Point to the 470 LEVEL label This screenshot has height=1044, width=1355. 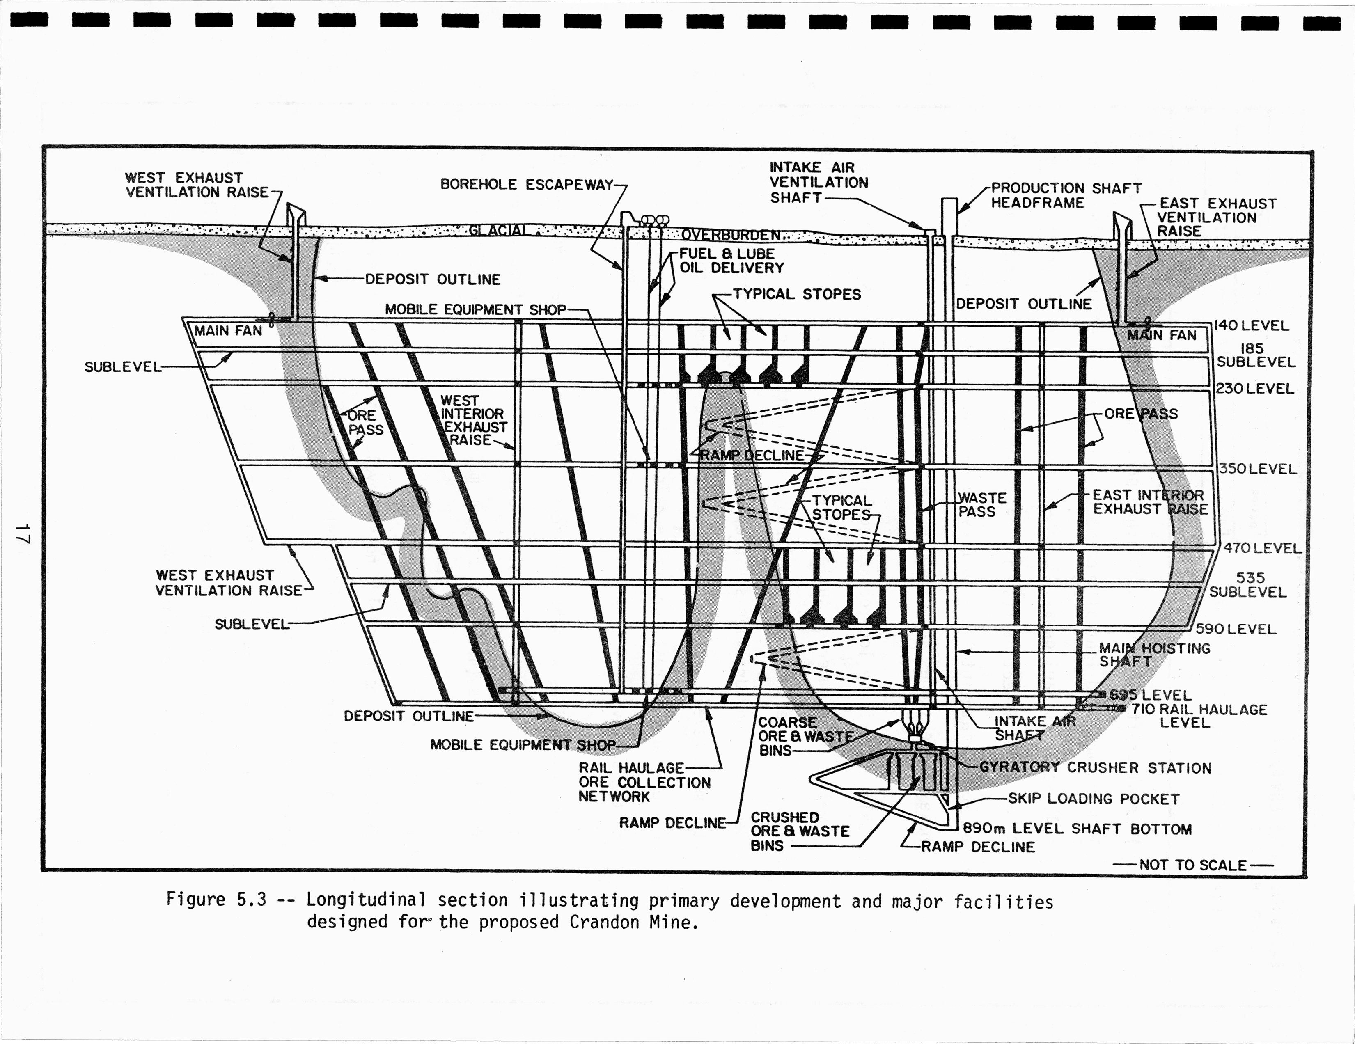(x=1262, y=548)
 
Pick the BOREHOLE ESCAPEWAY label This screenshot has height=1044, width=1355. (x=527, y=185)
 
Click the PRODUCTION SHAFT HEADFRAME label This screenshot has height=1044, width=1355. (x=1065, y=195)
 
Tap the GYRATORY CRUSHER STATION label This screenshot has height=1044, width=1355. (x=1095, y=768)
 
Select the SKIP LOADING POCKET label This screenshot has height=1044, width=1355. (x=1093, y=799)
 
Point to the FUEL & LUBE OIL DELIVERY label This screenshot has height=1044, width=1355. (x=731, y=261)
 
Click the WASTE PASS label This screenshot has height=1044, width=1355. (x=981, y=505)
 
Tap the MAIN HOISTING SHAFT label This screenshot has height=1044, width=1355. (x=1154, y=655)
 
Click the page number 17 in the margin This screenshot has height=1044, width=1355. (x=22, y=533)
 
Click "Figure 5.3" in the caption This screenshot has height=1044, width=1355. (x=216, y=900)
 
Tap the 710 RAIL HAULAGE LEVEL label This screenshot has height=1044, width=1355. (x=1199, y=716)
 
